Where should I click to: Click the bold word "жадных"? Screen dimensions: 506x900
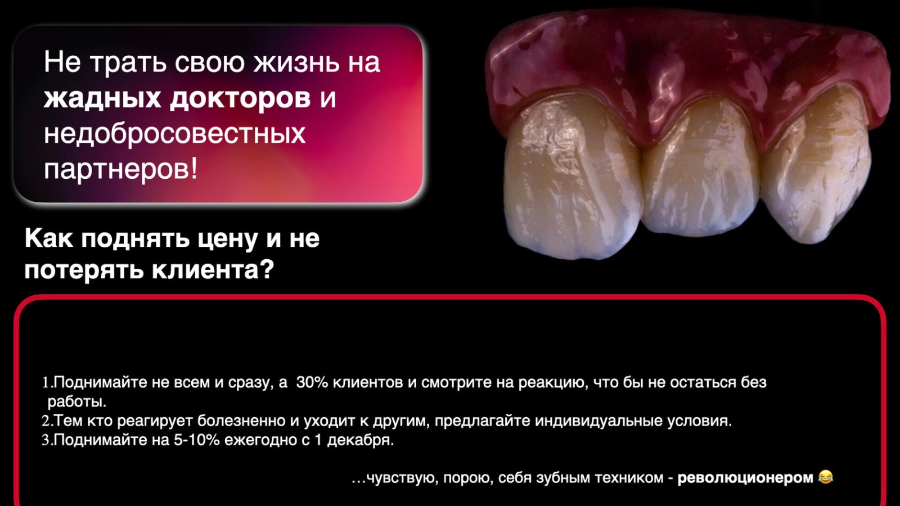[102, 98]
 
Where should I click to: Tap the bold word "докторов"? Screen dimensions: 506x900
[240, 98]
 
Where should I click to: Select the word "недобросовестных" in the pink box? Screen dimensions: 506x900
[175, 133]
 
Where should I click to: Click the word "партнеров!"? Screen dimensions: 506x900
[121, 169]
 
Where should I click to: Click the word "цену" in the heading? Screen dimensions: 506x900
[229, 238]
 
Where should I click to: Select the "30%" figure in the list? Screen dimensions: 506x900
[312, 382]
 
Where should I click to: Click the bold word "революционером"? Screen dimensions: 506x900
[745, 478]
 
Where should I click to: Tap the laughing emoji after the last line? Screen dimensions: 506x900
[825, 477]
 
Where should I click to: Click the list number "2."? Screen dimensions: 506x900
[47, 421]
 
